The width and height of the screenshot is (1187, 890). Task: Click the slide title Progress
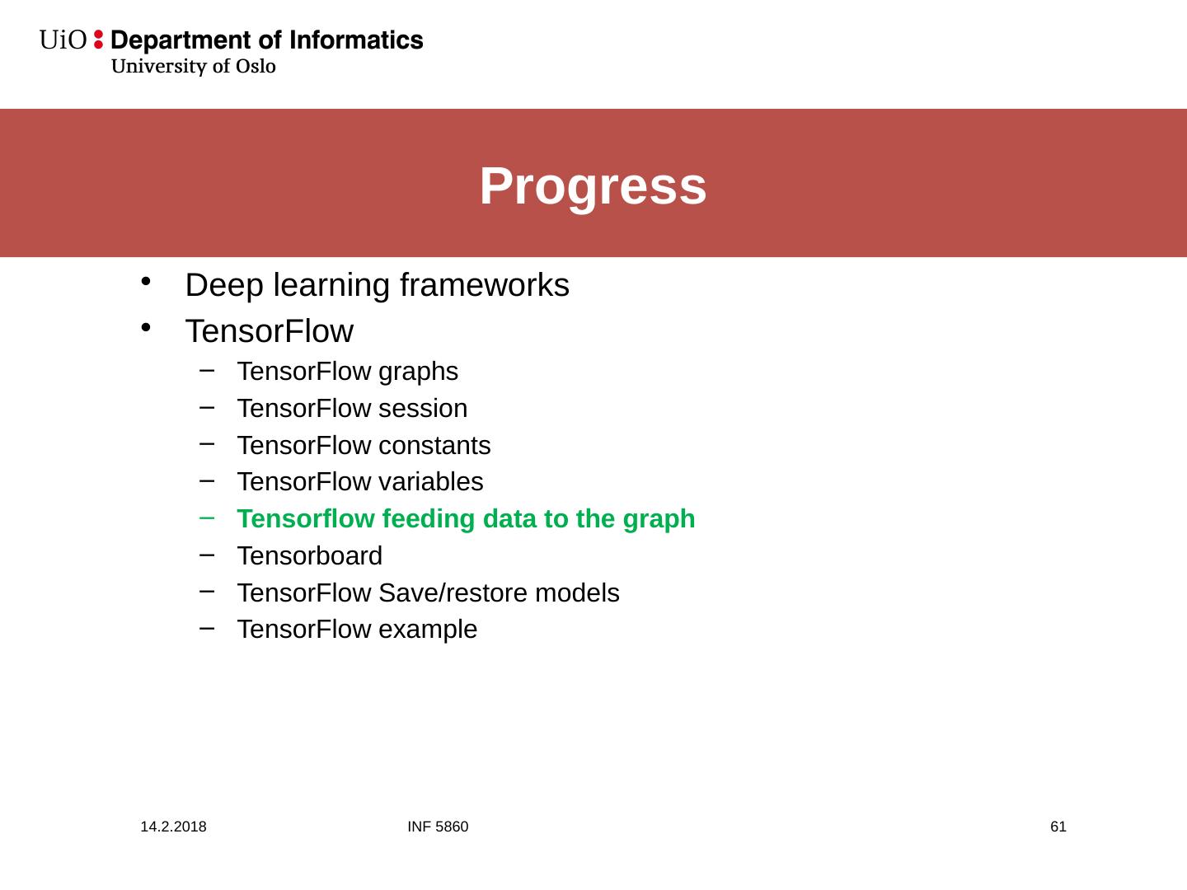click(593, 186)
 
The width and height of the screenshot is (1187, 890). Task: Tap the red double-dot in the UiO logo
click(98, 40)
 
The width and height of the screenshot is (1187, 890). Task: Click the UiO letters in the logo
click(63, 40)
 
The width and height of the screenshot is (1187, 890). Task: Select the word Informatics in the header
click(356, 40)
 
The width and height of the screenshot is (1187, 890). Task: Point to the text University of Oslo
click(194, 67)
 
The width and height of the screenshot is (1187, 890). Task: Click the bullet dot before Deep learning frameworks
click(145, 282)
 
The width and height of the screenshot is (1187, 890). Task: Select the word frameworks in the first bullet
click(485, 285)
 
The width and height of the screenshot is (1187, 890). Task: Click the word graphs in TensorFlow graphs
click(418, 372)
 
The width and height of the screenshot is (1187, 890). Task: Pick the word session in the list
click(423, 409)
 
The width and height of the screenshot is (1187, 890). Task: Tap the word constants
click(434, 446)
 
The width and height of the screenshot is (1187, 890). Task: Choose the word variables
click(431, 481)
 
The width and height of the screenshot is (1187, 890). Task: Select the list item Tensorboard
click(310, 555)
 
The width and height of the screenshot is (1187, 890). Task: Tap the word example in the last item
click(428, 630)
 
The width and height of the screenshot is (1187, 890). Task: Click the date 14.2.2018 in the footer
click(174, 827)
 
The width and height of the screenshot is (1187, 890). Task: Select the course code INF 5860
click(438, 827)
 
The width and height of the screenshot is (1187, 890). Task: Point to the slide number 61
click(1058, 827)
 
